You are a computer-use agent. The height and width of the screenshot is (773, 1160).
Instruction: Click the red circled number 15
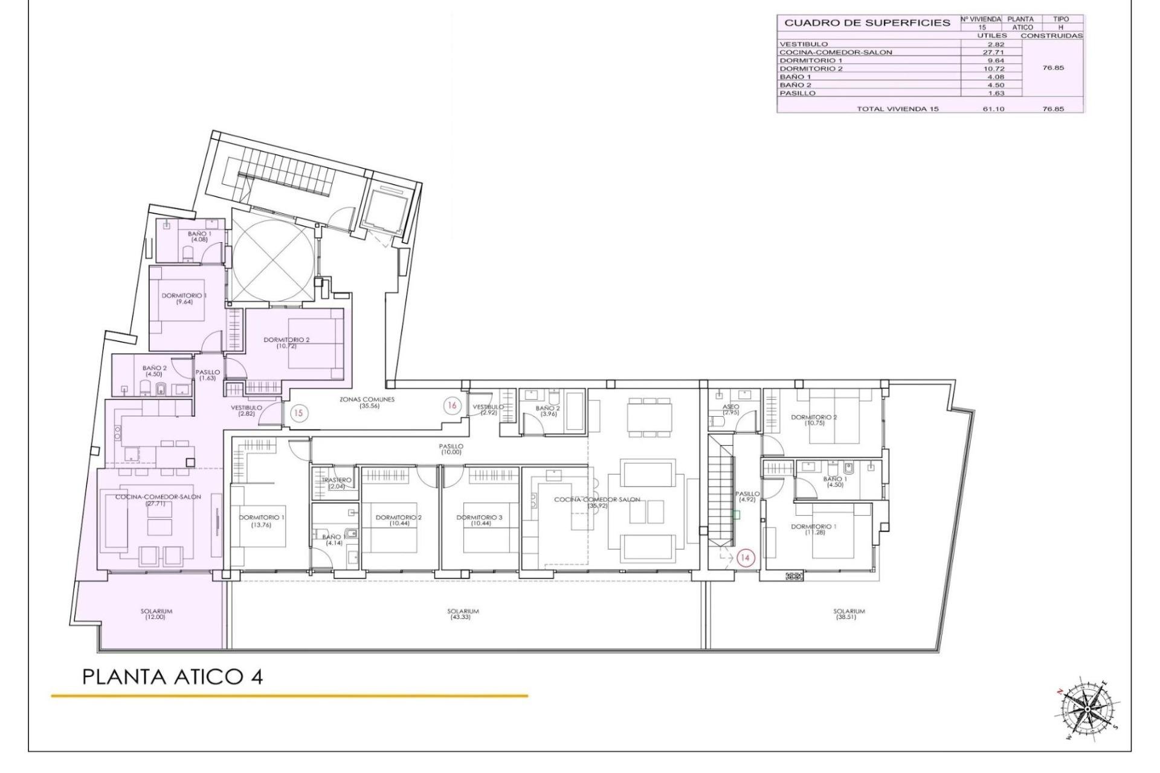click(298, 413)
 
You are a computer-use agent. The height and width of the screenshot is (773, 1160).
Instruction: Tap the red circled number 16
click(451, 406)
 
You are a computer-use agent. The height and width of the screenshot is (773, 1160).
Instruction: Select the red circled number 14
click(745, 557)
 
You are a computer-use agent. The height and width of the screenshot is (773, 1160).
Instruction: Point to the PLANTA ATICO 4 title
click(172, 676)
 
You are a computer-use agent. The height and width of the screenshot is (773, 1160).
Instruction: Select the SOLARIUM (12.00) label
click(156, 614)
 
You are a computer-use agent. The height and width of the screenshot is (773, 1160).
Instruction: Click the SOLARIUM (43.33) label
click(463, 614)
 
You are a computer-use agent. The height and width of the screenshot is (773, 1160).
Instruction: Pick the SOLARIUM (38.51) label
click(849, 614)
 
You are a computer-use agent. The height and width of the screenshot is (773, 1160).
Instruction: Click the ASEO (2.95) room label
click(730, 409)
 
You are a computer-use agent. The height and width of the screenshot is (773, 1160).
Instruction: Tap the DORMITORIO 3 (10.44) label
click(479, 521)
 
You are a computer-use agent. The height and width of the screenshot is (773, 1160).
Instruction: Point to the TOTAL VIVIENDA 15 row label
click(897, 109)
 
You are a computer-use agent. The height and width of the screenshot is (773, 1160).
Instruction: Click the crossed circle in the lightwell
click(273, 258)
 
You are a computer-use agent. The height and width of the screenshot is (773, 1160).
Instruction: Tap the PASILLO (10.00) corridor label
click(451, 449)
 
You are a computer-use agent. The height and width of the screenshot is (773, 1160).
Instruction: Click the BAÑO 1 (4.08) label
click(199, 236)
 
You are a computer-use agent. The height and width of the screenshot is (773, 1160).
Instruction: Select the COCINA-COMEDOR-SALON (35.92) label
click(597, 502)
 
